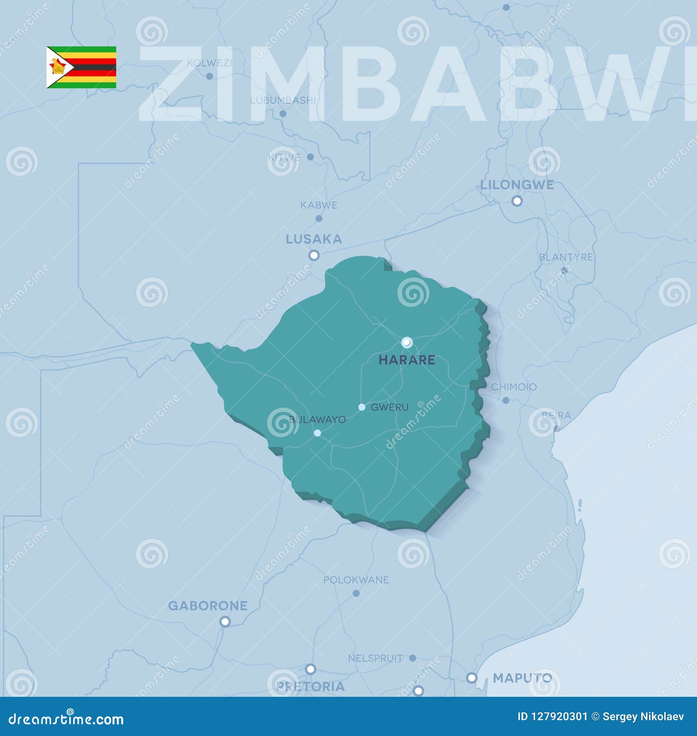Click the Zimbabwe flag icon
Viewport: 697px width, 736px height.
81,68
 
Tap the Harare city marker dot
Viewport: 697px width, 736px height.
406,342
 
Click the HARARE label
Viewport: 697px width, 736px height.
406,360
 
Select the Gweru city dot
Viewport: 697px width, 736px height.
362,407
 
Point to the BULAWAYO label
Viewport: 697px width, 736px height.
318,419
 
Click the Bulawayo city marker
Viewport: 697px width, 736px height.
317,433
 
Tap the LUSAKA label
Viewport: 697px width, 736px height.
314,239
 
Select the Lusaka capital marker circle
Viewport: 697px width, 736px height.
314,255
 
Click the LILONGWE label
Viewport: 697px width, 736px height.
517,185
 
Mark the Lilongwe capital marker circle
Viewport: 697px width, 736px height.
517,201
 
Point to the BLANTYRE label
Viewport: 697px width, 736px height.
566,257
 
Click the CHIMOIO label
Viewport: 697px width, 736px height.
514,387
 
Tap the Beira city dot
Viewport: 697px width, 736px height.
556,429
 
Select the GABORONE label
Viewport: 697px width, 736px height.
208,606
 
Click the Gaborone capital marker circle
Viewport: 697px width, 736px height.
225,621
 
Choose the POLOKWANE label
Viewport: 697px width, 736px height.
356,580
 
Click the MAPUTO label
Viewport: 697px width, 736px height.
522,678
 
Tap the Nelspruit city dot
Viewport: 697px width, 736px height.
413,658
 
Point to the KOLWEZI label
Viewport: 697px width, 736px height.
209,63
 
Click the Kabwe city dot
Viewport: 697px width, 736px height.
319,218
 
